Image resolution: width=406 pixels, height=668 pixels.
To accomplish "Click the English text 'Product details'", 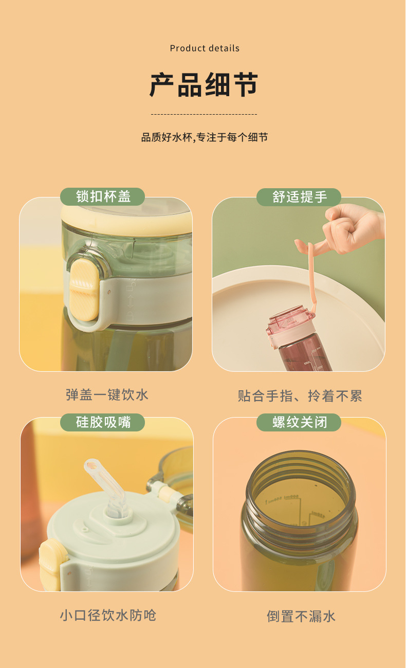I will click(x=205, y=48).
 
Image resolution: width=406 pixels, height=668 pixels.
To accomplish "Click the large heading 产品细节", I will click(x=204, y=85).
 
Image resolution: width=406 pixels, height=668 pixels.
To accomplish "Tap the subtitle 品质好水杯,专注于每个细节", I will click(x=205, y=137).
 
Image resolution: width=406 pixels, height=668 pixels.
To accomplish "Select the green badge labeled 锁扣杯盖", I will click(x=103, y=196).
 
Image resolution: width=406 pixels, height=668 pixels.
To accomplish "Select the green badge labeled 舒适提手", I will click(x=299, y=196).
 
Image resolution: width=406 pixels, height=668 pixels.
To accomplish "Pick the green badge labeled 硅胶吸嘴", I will click(x=103, y=422).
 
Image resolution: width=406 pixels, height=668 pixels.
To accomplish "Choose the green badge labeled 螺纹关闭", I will click(x=299, y=422).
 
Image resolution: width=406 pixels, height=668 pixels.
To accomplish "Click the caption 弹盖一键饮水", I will click(x=107, y=395).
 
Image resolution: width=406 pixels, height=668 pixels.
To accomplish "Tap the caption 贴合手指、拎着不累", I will click(x=300, y=396).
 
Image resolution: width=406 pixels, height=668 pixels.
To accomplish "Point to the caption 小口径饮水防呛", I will click(x=107, y=615).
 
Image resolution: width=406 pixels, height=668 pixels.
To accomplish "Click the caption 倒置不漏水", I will click(x=301, y=616).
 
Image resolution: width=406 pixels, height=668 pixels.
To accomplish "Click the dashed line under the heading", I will click(x=204, y=114).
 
